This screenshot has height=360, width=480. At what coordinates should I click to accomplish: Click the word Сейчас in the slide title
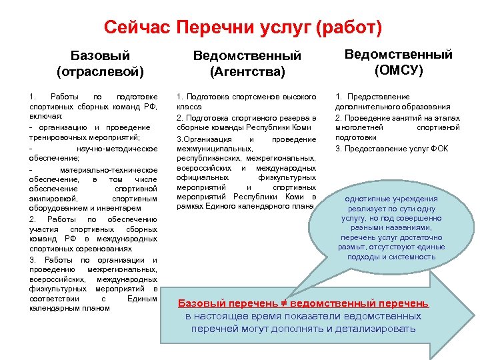point(136,28)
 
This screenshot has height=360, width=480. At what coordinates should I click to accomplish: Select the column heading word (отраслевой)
point(101,70)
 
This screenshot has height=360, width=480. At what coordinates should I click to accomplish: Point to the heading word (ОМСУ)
point(398,69)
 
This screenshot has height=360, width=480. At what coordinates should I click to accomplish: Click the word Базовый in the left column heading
point(101,55)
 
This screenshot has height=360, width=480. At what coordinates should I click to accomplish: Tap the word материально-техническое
point(113,169)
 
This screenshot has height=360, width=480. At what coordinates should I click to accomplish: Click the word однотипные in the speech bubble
point(369,199)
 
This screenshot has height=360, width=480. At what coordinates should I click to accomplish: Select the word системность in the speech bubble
point(414,256)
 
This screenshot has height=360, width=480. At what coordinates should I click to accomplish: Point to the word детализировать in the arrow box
point(378,329)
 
